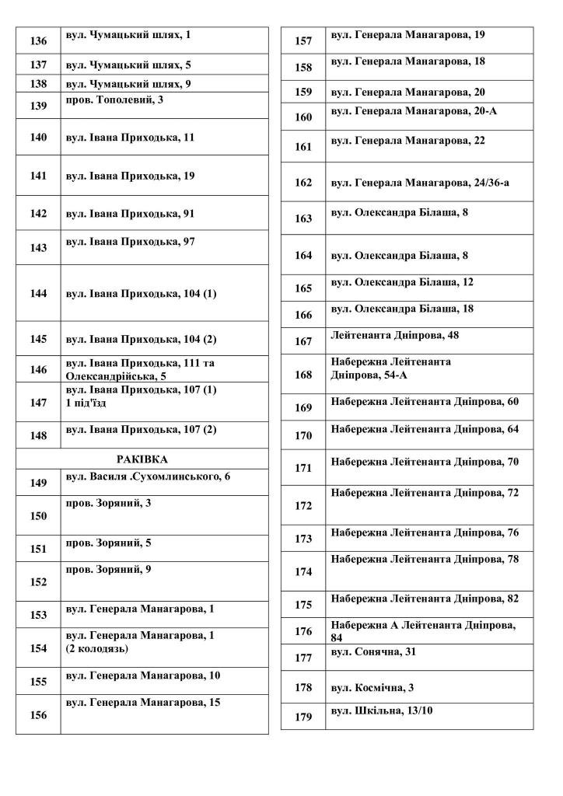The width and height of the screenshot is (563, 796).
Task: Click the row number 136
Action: coord(37,40)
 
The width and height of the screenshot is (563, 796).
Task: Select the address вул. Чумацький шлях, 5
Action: coord(128,65)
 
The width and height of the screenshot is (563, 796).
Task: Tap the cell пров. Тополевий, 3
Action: coord(114,100)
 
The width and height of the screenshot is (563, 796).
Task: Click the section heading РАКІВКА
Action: coord(142,459)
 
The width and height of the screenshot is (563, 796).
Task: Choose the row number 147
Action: coord(37,403)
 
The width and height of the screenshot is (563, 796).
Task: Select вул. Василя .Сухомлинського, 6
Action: coord(148,476)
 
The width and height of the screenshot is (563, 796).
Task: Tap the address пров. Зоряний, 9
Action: coord(108,570)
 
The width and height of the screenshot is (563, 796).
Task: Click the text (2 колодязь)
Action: coord(97,648)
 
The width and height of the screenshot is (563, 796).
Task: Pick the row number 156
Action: coord(37,716)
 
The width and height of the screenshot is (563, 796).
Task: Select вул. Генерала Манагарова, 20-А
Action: coord(414,111)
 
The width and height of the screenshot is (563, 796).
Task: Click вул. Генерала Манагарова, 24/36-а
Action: coord(420,183)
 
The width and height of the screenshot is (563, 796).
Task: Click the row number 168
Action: coord(303,375)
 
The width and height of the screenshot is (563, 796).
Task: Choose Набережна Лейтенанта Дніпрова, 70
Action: coord(425,462)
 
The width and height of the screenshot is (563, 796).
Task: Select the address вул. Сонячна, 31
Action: coord(373,651)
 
